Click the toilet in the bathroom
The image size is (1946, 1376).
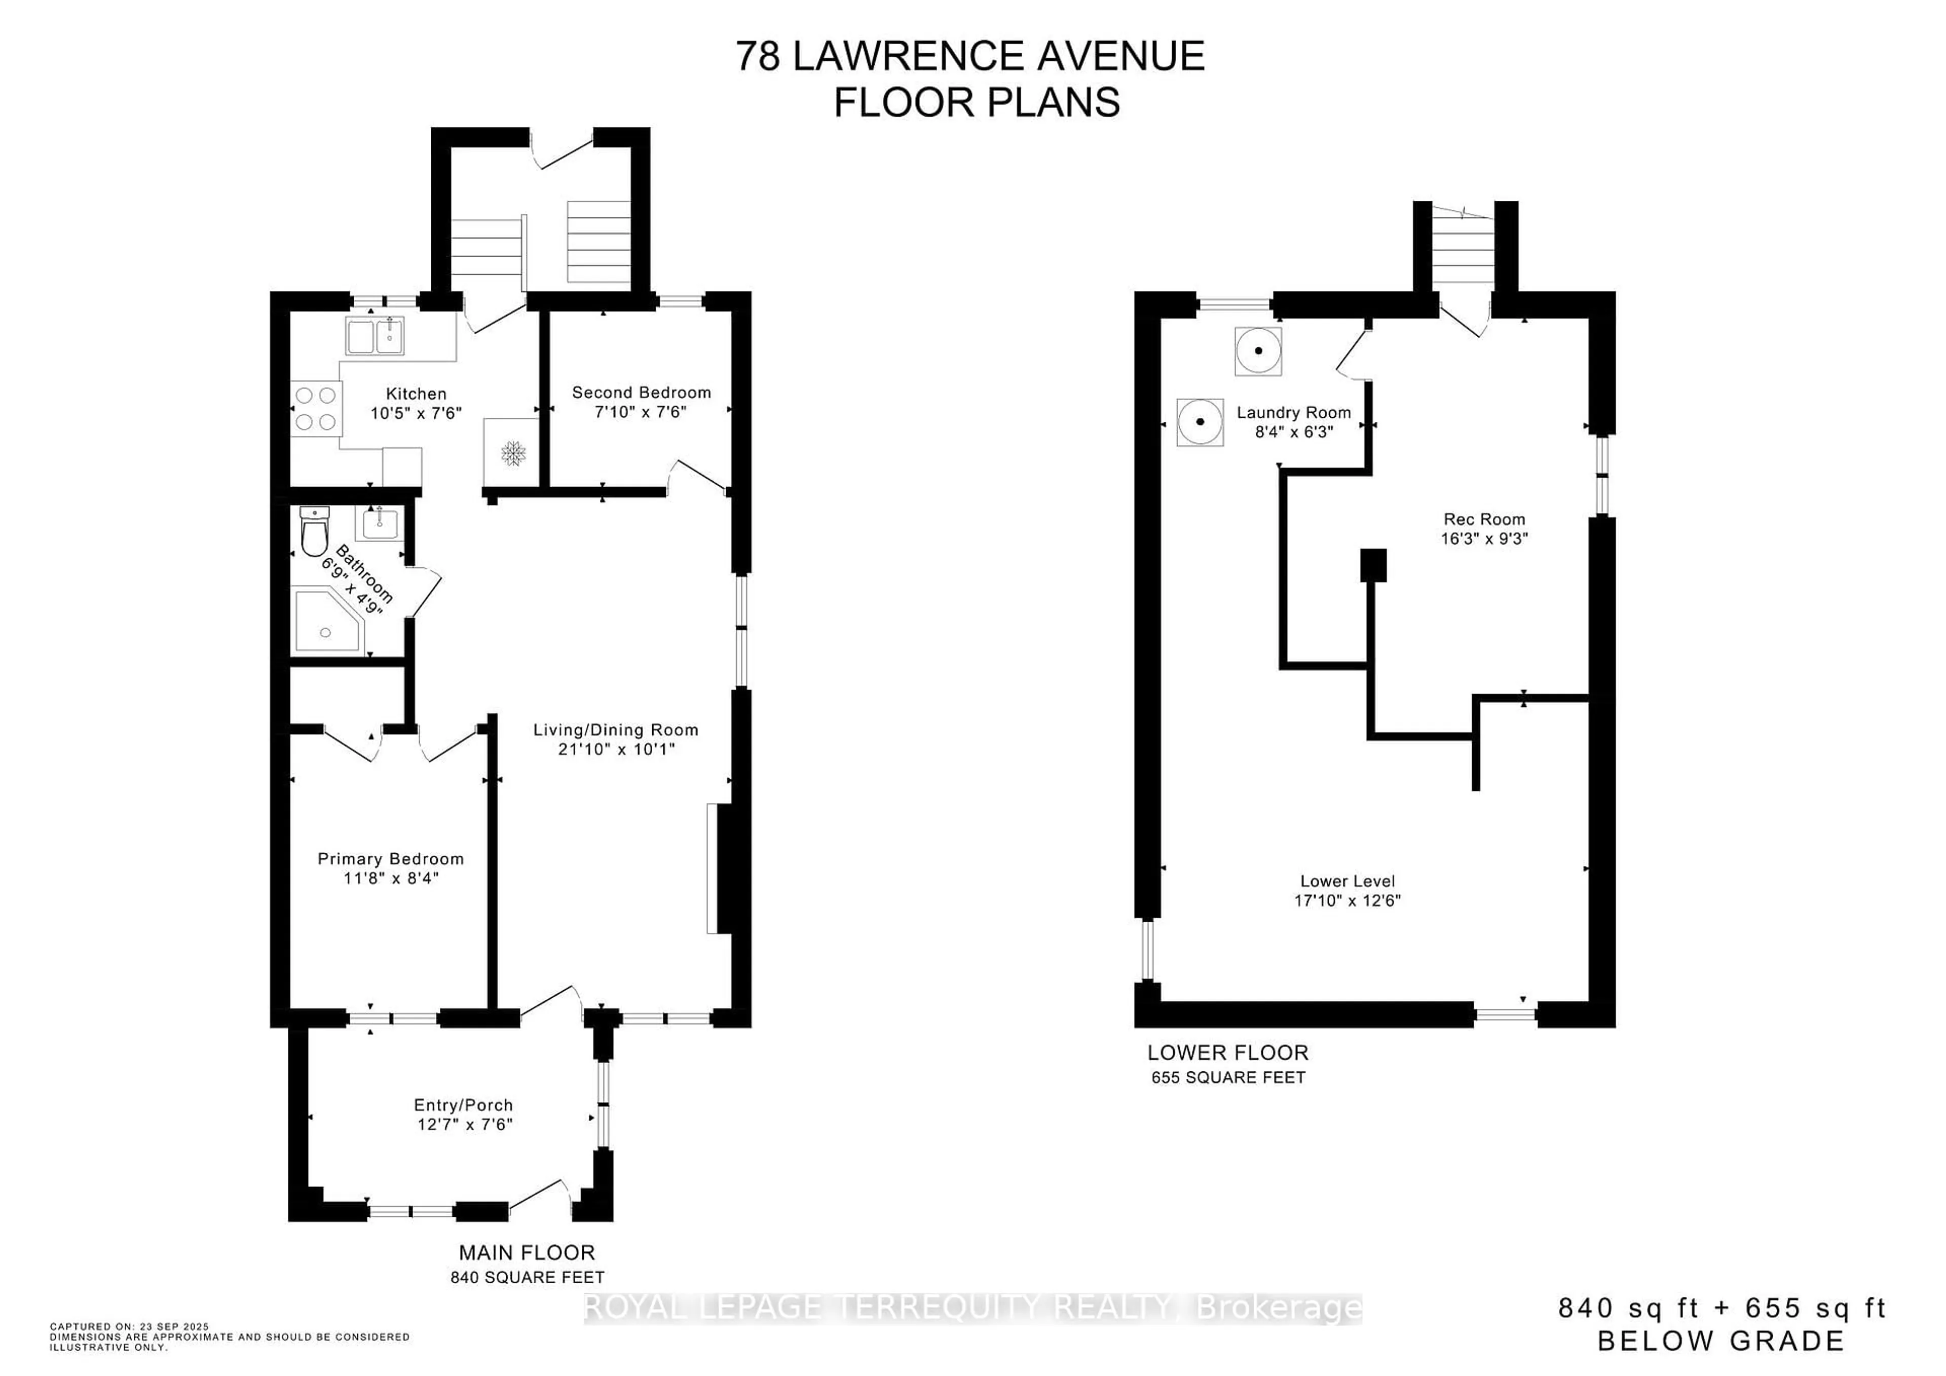pyautogui.click(x=314, y=531)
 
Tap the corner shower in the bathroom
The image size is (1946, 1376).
pyautogui.click(x=328, y=622)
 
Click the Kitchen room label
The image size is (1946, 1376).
pyautogui.click(x=416, y=393)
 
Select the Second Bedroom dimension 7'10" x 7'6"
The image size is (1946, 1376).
pyautogui.click(x=641, y=412)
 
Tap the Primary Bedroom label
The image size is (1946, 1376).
pyautogui.click(x=391, y=859)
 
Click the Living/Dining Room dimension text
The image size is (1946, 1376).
pyautogui.click(x=616, y=749)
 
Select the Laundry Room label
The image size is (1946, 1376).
pyautogui.click(x=1293, y=412)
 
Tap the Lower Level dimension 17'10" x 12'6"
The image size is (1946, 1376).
pyautogui.click(x=1348, y=900)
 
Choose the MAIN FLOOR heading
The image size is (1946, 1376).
pyautogui.click(x=527, y=1252)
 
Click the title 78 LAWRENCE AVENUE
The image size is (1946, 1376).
pyautogui.click(x=969, y=57)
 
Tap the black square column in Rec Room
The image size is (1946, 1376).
pyautogui.click(x=1373, y=565)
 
